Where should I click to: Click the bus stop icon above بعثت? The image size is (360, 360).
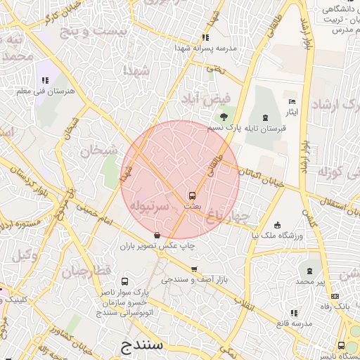192,195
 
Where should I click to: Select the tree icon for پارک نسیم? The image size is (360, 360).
224,117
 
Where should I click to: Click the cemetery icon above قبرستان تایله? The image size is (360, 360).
264,117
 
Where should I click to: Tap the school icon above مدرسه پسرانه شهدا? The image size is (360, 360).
205,37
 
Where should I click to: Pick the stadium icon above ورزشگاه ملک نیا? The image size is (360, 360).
278,225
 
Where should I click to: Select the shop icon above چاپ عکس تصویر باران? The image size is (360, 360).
157,235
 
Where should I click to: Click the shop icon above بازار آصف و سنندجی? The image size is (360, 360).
194,269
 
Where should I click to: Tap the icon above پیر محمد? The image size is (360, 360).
310,271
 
